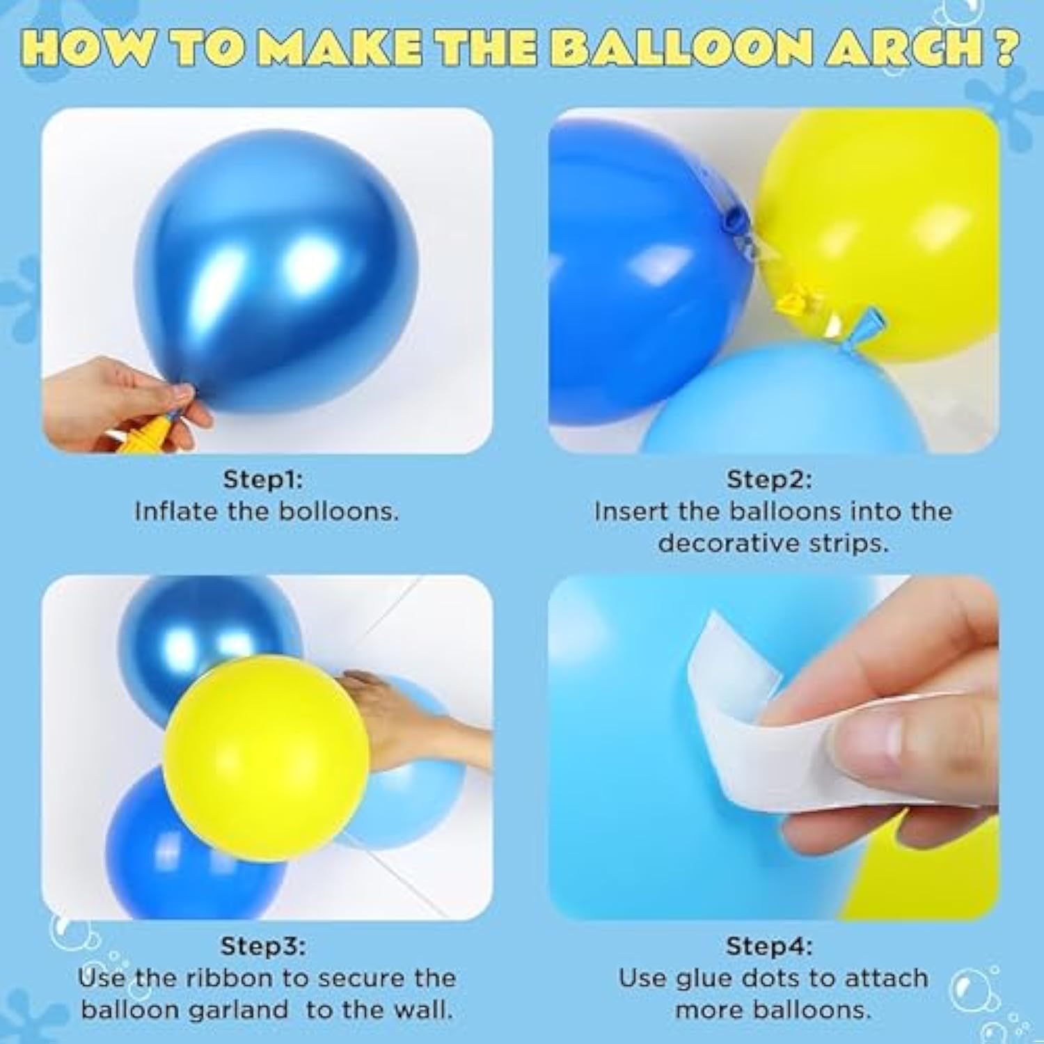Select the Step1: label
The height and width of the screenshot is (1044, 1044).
(263, 480)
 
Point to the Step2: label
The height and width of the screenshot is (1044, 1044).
(769, 480)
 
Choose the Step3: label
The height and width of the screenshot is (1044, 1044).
(263, 946)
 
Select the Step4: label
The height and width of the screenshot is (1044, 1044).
(769, 946)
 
